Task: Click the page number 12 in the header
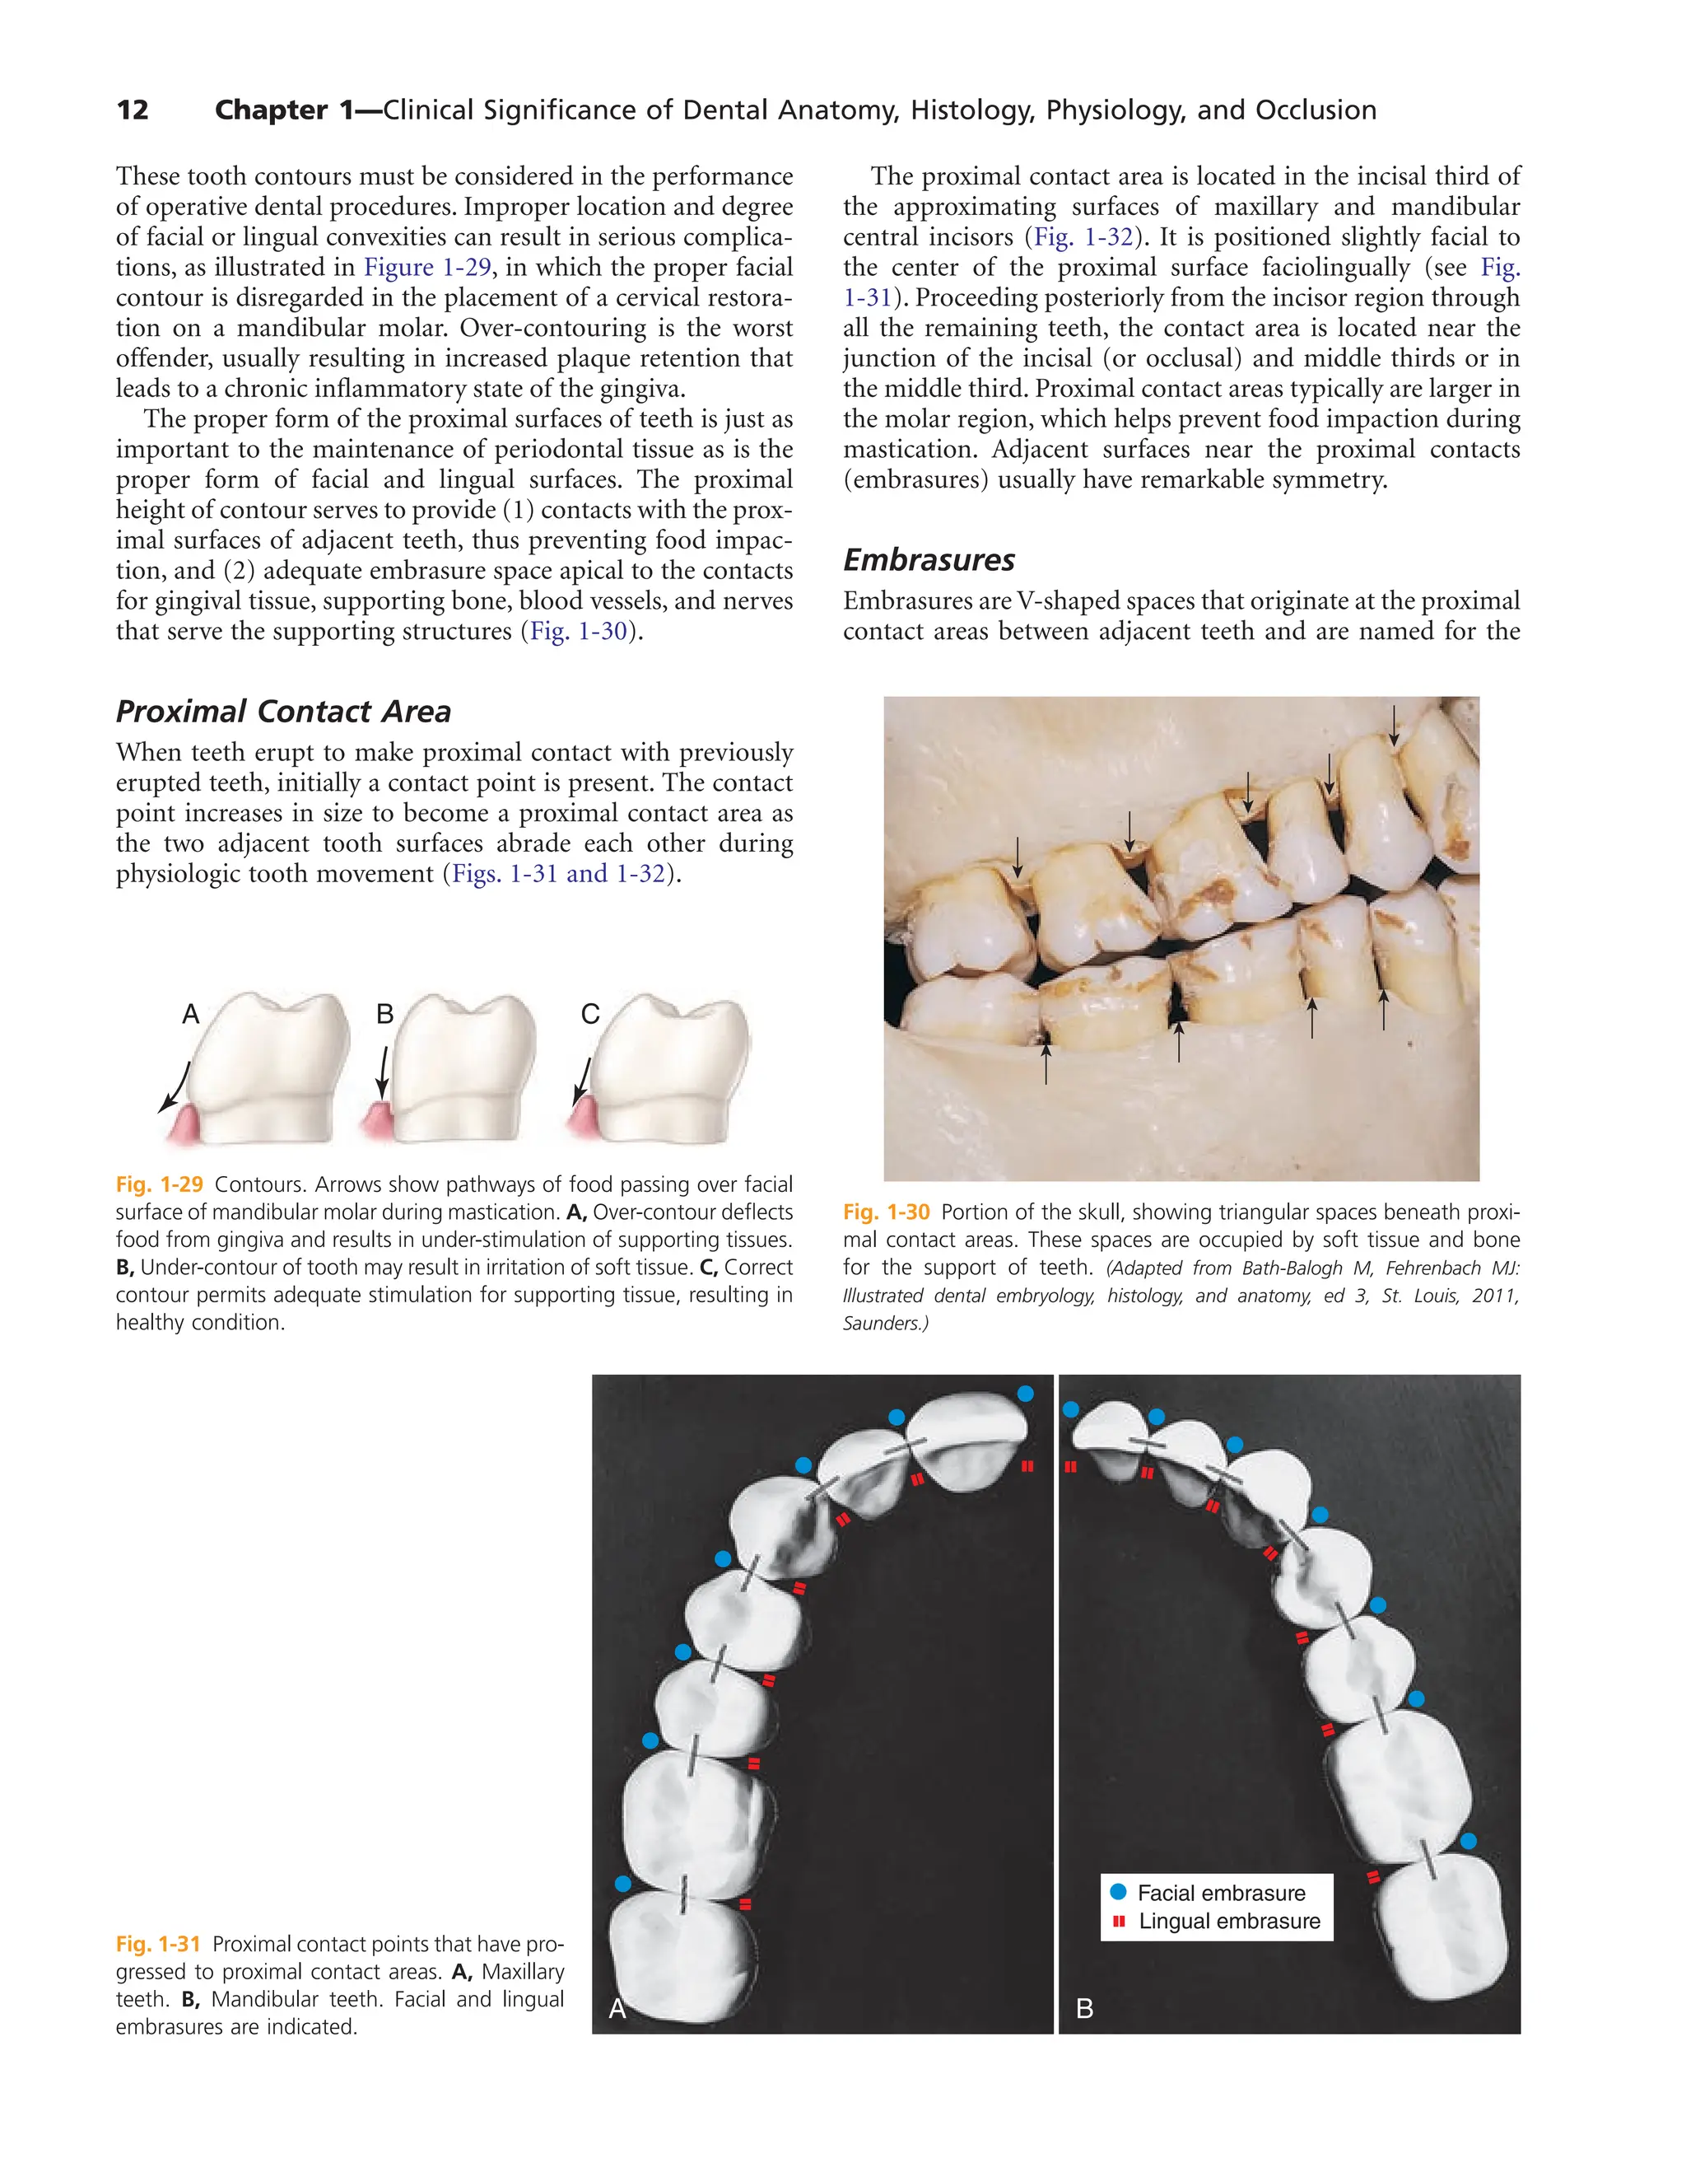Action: click(x=133, y=110)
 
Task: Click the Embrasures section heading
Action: click(x=929, y=560)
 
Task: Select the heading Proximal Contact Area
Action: click(x=283, y=712)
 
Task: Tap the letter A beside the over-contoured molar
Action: click(x=192, y=1014)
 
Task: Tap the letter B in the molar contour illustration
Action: click(x=385, y=1014)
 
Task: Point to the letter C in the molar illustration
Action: click(x=589, y=1014)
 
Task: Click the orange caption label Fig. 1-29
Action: click(x=159, y=1184)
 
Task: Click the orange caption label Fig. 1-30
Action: click(x=886, y=1212)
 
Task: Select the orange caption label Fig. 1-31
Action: click(x=158, y=1945)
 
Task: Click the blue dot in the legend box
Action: click(x=1118, y=1891)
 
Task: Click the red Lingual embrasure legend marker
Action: click(x=1119, y=1921)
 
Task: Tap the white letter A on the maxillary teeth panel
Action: click(x=617, y=2009)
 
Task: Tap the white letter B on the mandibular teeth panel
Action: click(x=1084, y=2009)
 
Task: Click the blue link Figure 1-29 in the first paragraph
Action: click(x=426, y=268)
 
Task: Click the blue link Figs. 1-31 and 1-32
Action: click(x=558, y=875)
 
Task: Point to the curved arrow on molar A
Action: click(x=176, y=1087)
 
